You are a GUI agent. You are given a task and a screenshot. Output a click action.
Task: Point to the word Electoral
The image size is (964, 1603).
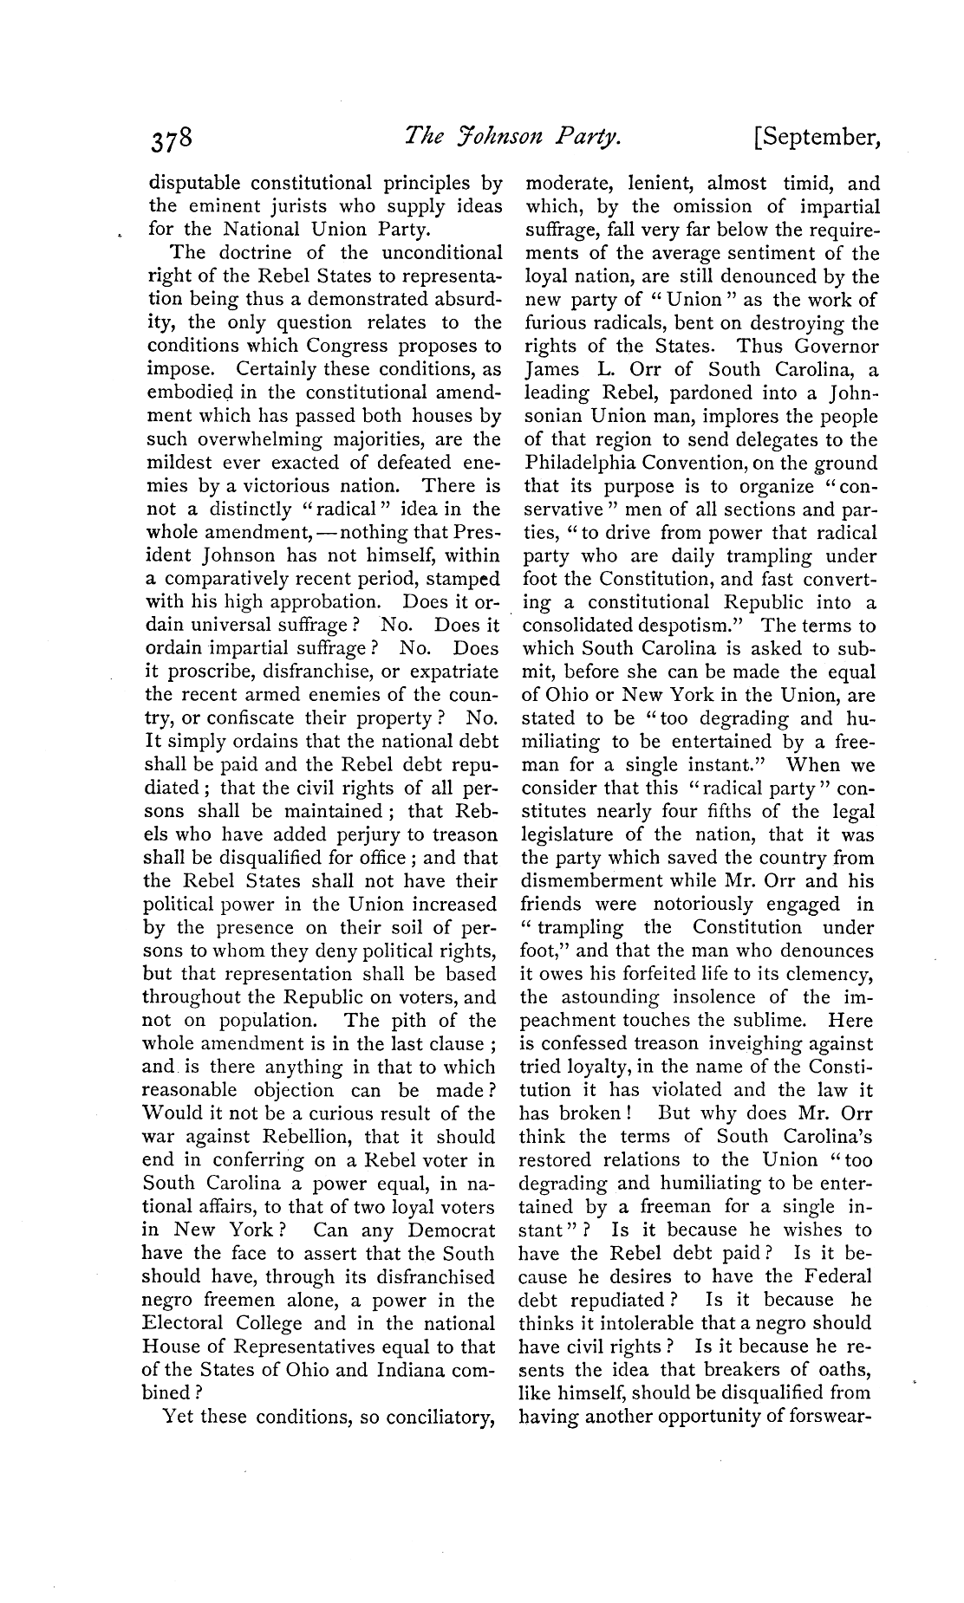click(186, 1323)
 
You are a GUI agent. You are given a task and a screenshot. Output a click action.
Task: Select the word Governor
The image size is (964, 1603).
click(834, 347)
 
